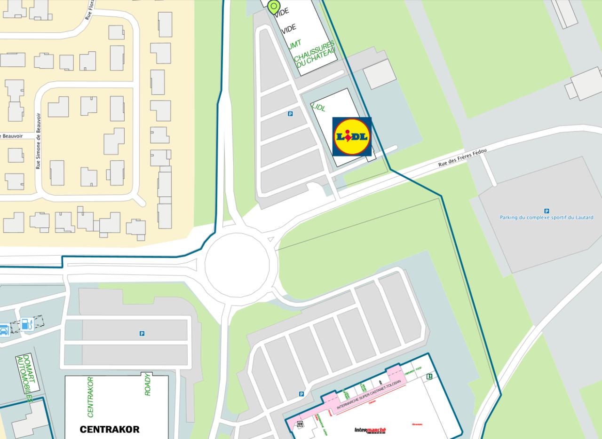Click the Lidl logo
pyautogui.click(x=352, y=137)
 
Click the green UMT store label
pyautogui.click(x=294, y=44)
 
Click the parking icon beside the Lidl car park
pyautogui.click(x=290, y=114)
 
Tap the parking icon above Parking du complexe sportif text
pyautogui.click(x=547, y=211)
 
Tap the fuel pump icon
pyautogui.click(x=27, y=324)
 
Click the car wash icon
pyautogui.click(x=4, y=330)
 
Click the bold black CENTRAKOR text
pyautogui.click(x=110, y=429)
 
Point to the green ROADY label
pyautogui.click(x=148, y=384)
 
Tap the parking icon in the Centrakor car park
pyautogui.click(x=142, y=333)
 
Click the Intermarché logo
pyautogui.click(x=370, y=430)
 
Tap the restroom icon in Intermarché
pyautogui.click(x=300, y=424)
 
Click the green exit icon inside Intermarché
pyautogui.click(x=429, y=376)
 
